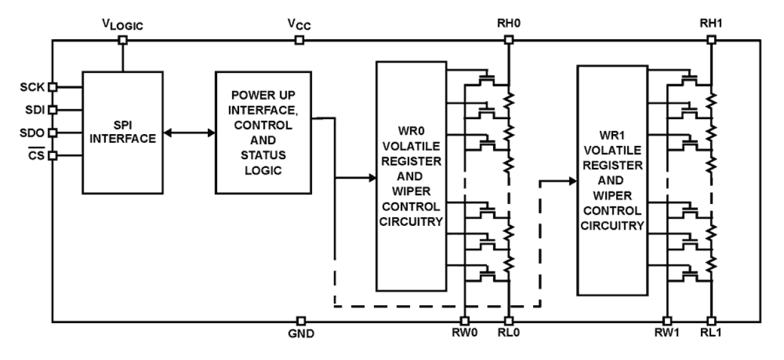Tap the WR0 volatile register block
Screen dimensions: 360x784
pos(411,177)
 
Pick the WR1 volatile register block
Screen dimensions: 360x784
pos(612,180)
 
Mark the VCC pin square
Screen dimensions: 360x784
pos(300,41)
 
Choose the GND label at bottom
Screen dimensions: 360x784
pos(301,335)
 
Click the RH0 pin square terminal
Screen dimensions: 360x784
pos(509,41)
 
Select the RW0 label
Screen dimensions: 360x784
pos(464,335)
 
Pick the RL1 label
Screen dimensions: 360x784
pos(712,335)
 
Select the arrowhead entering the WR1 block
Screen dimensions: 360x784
pos(572,181)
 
